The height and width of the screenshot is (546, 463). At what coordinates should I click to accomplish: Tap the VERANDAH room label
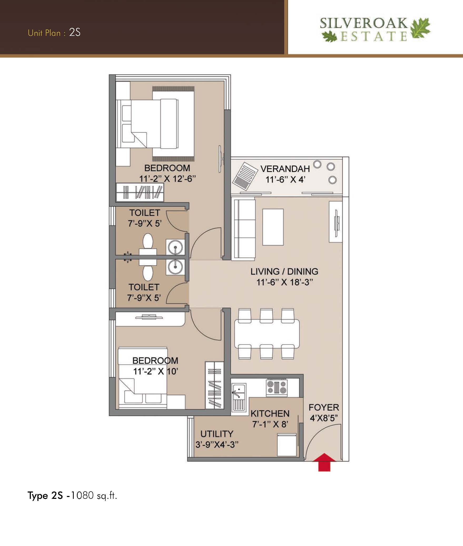point(285,169)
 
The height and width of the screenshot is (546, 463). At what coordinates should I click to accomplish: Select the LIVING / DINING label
point(284,272)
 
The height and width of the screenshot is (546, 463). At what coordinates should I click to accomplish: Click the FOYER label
point(324,407)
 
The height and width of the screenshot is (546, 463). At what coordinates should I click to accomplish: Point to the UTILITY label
point(217,434)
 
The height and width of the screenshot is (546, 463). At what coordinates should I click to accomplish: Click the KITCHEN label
point(270,414)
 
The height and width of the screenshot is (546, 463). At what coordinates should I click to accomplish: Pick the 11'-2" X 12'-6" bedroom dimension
point(168,179)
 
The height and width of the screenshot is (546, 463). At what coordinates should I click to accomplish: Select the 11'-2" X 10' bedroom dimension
point(156,371)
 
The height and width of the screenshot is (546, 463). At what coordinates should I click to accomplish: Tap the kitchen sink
point(239,397)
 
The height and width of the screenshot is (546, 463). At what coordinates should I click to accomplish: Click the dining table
point(267,334)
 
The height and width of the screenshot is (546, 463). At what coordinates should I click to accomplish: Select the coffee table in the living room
point(273,227)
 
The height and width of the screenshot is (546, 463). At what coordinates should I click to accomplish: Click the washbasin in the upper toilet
point(175,247)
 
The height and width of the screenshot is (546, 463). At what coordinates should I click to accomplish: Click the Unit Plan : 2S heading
point(54,33)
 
